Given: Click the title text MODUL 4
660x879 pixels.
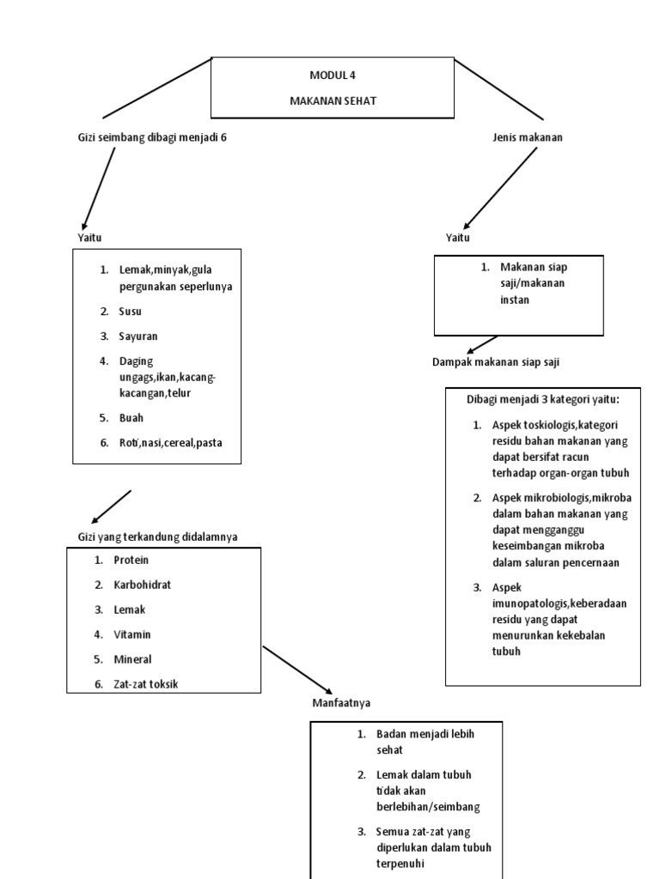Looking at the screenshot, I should click(332, 76).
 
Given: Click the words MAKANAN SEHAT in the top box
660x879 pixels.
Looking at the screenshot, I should click(332, 100).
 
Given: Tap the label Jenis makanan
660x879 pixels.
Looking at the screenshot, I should click(528, 137).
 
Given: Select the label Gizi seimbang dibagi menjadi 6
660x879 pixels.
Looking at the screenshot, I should click(152, 137).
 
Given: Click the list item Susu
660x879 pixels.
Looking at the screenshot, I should click(130, 312).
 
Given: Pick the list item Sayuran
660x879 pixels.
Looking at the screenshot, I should click(137, 336).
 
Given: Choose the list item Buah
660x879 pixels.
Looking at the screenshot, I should click(131, 418).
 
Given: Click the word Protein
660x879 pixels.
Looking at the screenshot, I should click(131, 560).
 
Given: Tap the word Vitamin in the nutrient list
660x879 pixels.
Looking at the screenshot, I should click(132, 634).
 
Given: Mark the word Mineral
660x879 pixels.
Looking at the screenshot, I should click(132, 659).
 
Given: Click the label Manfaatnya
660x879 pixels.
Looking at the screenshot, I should click(341, 704).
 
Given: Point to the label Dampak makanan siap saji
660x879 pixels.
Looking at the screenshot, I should click(495, 362).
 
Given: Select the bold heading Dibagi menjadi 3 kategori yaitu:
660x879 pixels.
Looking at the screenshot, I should click(542, 399).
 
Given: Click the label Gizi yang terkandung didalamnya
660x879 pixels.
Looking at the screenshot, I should click(157, 536).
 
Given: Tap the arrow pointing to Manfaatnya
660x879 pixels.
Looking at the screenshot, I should click(297, 670).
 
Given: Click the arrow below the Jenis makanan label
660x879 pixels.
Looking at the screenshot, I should click(500, 187).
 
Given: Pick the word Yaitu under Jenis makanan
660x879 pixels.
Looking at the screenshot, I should click(457, 237).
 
